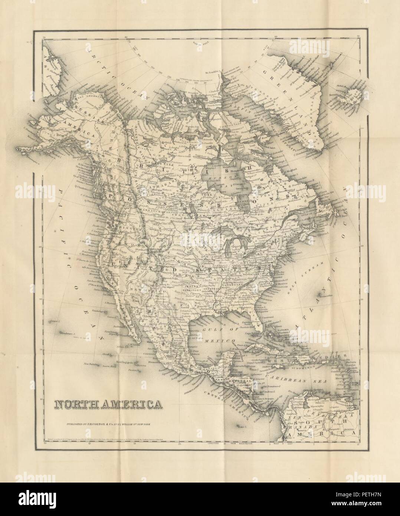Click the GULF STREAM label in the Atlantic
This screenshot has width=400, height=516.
click(x=309, y=274)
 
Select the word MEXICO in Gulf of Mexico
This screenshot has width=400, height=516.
click(x=222, y=340)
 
